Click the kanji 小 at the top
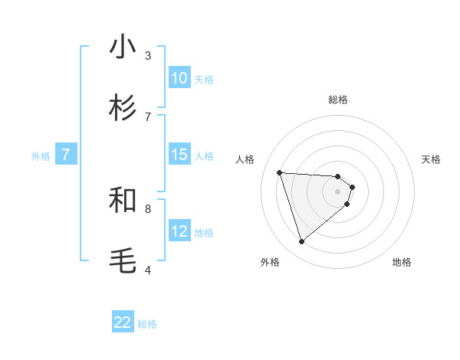click(x=123, y=47)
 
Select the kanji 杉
click(x=123, y=108)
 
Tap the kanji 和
click(x=123, y=200)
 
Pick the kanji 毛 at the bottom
click(x=123, y=261)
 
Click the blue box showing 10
click(x=179, y=78)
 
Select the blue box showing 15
click(x=179, y=155)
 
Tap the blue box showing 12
click(x=179, y=231)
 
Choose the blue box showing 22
click(x=123, y=322)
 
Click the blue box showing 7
click(x=66, y=155)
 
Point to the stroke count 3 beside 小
click(x=148, y=55)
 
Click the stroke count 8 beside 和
click(x=148, y=208)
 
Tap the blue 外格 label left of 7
click(x=41, y=155)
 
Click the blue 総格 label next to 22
click(x=147, y=323)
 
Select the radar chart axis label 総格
click(x=338, y=100)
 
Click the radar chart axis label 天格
click(x=432, y=159)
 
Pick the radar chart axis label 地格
click(x=402, y=262)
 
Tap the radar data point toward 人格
click(x=280, y=172)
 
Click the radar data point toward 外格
click(x=301, y=242)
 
